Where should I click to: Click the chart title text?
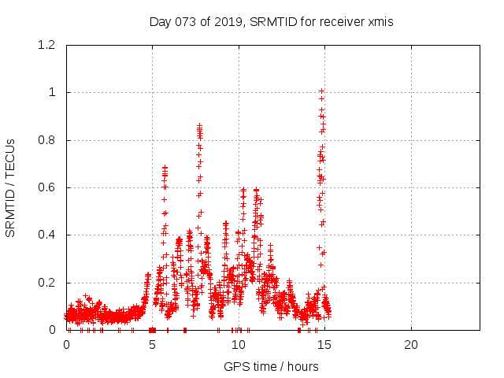click(271, 22)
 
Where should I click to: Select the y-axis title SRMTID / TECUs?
click(11, 187)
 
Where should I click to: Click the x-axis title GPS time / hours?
click(271, 366)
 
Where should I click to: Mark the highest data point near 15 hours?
click(321, 91)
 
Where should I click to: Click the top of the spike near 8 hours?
click(199, 125)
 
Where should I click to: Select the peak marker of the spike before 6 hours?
click(165, 167)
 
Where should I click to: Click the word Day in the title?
click(159, 22)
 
